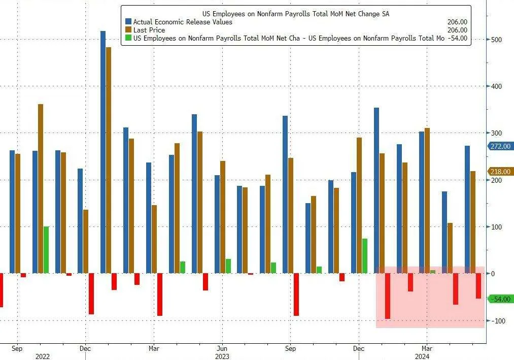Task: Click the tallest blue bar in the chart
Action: coord(103,152)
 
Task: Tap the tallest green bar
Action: coord(46,250)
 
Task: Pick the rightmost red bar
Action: coord(478,286)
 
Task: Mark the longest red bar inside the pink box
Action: coord(388,296)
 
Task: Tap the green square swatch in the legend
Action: coord(128,38)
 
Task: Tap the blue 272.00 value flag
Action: coord(500,146)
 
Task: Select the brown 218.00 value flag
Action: coord(500,172)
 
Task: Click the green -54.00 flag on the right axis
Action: coord(500,299)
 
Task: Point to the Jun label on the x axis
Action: coord(221,349)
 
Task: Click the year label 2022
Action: coord(42,356)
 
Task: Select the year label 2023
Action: coord(221,356)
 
